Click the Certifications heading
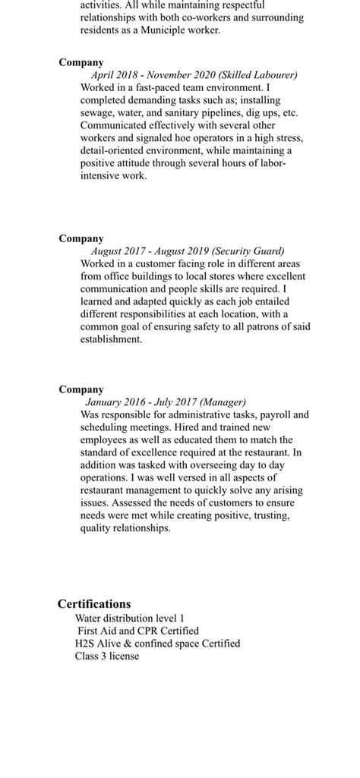point(94,604)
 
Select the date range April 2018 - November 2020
point(153,75)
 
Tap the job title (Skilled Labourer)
point(257,75)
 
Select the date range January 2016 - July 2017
point(141,402)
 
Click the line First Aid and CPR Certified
point(137,631)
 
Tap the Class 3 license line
point(107,656)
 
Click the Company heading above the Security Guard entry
point(81,238)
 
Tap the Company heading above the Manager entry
point(81,389)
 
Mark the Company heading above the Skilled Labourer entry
point(81,62)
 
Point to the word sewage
point(98,112)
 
